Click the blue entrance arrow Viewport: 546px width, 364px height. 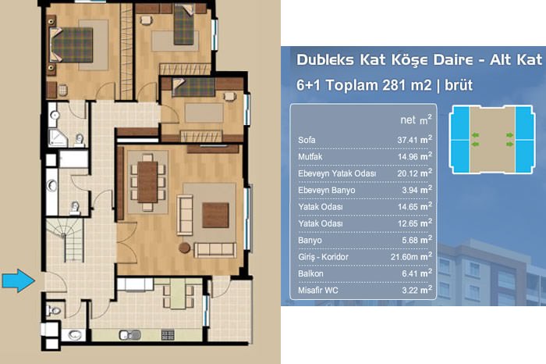coord(18,280)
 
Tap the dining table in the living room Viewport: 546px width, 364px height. coord(147,182)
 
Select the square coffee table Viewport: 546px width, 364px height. coord(215,215)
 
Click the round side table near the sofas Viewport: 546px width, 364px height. coord(185,248)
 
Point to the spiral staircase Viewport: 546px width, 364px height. coord(66,240)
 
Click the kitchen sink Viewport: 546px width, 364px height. coord(130,335)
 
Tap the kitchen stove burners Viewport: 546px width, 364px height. coord(168,335)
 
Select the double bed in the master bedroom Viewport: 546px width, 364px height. coord(72,45)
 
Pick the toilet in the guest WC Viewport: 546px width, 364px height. coord(54,310)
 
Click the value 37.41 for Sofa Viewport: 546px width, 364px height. coord(407,140)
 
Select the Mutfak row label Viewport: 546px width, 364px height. coord(310,157)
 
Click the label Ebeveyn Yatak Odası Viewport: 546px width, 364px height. coord(337,173)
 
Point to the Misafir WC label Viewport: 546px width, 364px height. coord(318,291)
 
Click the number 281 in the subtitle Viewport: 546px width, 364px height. coord(394,85)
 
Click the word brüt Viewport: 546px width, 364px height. coord(459,85)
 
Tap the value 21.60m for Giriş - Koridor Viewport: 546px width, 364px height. coord(404,257)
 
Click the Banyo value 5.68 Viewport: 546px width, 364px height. coord(409,241)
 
